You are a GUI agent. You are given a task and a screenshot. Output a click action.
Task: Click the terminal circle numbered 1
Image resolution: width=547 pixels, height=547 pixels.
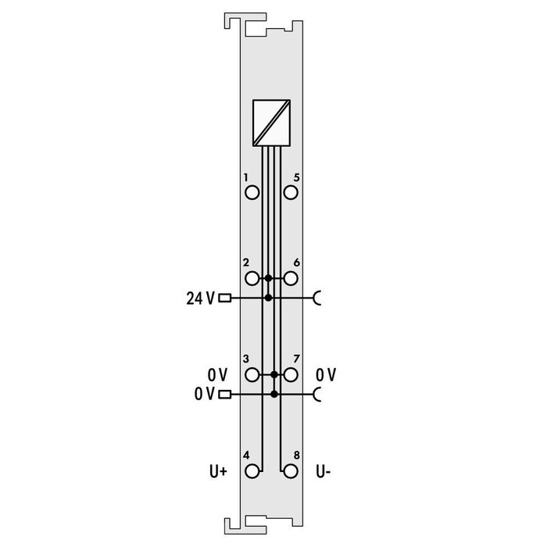(x=252, y=192)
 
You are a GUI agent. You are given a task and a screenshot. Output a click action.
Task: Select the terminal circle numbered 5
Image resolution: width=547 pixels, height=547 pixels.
(x=291, y=192)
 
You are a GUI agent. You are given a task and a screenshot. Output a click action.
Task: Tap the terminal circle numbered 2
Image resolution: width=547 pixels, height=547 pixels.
(x=252, y=278)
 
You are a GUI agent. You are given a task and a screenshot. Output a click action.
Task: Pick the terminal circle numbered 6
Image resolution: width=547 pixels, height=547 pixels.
(x=291, y=278)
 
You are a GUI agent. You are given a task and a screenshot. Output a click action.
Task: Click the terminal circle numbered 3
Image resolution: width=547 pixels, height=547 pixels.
(x=252, y=375)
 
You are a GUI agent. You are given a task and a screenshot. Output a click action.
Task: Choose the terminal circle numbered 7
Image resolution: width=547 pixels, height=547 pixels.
(x=291, y=375)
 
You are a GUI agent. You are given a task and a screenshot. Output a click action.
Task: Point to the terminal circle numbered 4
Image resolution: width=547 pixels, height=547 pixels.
(x=252, y=471)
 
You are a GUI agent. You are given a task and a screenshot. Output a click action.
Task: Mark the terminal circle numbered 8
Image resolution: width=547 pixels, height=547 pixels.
(x=291, y=471)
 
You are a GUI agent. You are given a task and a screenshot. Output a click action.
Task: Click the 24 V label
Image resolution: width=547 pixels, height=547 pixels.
(x=199, y=298)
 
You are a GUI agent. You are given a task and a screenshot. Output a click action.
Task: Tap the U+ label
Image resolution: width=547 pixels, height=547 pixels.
(x=217, y=471)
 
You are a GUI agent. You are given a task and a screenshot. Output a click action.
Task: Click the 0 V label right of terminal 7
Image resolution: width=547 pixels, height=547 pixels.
(x=326, y=375)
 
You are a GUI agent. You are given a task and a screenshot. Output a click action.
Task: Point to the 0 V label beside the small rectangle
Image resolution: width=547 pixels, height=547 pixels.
(x=205, y=394)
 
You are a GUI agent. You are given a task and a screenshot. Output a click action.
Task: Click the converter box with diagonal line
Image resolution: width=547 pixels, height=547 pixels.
(x=271, y=123)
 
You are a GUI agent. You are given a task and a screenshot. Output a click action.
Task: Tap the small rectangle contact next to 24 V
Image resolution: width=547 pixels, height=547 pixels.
(x=226, y=298)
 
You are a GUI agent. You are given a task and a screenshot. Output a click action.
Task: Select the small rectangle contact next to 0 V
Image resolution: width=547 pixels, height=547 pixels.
(x=226, y=394)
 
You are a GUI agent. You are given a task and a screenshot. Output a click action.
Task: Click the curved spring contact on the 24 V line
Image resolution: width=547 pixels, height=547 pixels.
(x=316, y=298)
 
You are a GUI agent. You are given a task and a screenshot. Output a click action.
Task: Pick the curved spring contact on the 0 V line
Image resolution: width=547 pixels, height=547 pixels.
(x=316, y=394)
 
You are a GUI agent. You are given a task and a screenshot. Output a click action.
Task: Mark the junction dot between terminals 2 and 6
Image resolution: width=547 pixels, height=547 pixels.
(x=268, y=278)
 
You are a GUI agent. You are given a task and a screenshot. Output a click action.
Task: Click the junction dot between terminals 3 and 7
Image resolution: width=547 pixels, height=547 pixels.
(x=274, y=375)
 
